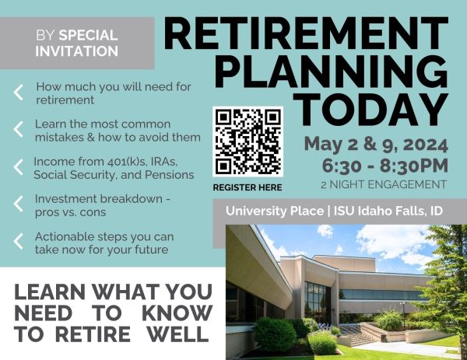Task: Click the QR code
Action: tap(248, 142)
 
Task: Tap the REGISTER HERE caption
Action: tap(248, 187)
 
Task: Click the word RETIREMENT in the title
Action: tap(306, 33)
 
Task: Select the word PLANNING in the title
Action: tap(332, 72)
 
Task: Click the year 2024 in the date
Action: tap(427, 145)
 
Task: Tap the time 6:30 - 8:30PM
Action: tap(385, 166)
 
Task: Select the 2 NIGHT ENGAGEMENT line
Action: tap(384, 184)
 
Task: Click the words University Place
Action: tap(275, 211)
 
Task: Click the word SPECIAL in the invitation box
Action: tap(88, 36)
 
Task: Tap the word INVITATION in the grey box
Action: tap(77, 51)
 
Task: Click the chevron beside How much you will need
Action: tap(19, 93)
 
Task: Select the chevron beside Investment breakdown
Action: tap(19, 204)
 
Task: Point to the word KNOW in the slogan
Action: tap(177, 313)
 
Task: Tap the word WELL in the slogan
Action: tap(178, 334)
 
